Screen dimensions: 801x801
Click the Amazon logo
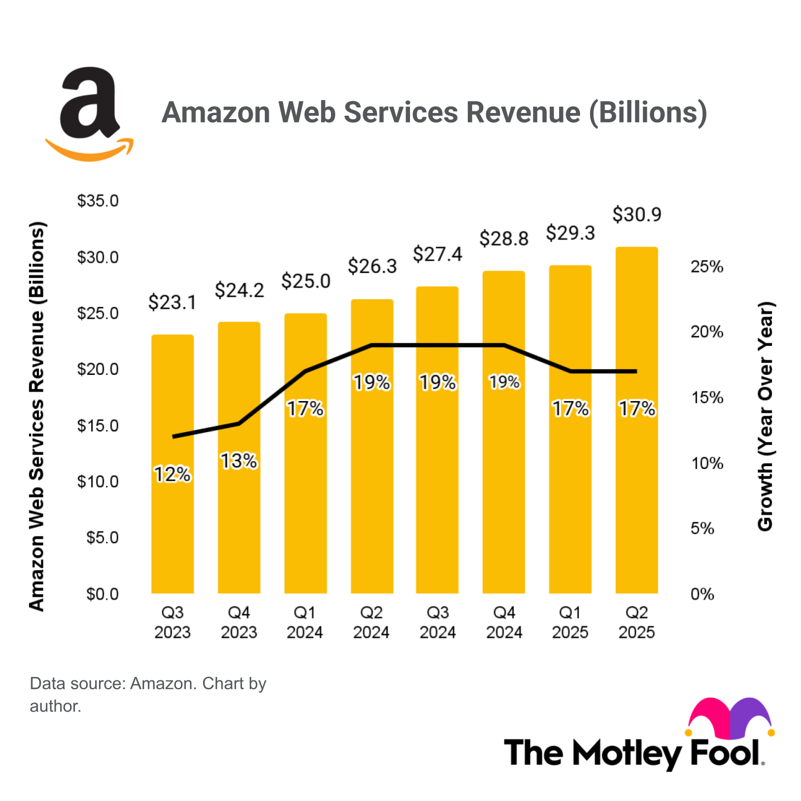pyautogui.click(x=90, y=114)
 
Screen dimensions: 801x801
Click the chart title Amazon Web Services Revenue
pyautogui.click(x=434, y=112)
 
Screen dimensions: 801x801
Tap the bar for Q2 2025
pyautogui.click(x=636, y=501)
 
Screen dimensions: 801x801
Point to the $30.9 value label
pyautogui.click(x=636, y=215)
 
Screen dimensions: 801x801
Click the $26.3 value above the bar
pyautogui.click(x=372, y=266)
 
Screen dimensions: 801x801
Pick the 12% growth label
pyautogui.click(x=172, y=474)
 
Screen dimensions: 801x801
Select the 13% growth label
pyautogui.click(x=239, y=461)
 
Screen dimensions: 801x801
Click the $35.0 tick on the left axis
pyautogui.click(x=98, y=201)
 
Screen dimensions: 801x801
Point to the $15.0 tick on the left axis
pyautogui.click(x=98, y=426)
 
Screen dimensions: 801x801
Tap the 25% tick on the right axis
pyautogui.click(x=706, y=267)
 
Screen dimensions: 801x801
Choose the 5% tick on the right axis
pyautogui.click(x=702, y=528)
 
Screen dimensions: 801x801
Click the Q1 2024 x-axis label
pyautogui.click(x=305, y=622)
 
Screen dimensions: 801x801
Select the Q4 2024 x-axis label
pyautogui.click(x=504, y=622)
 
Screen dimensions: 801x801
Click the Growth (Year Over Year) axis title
pyautogui.click(x=765, y=416)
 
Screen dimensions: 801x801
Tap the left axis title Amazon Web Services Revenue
pyautogui.click(x=37, y=416)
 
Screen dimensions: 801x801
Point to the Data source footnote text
pyautogui.click(x=148, y=694)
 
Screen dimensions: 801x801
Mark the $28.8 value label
pyautogui.click(x=504, y=239)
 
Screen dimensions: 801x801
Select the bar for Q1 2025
pyautogui.click(x=570, y=501)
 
